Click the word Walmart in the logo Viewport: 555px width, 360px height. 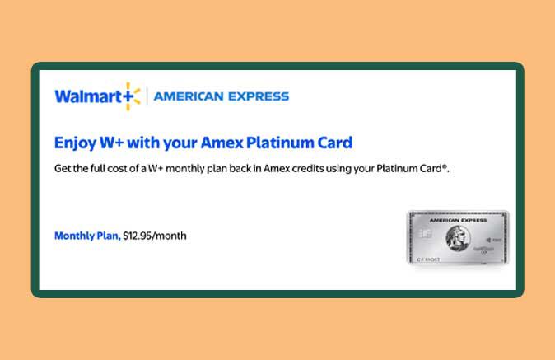point(86,96)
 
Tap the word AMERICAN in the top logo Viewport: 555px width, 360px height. point(188,96)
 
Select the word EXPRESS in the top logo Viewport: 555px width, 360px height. point(257,96)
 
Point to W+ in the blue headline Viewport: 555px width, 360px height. point(113,143)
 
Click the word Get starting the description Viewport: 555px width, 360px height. point(63,169)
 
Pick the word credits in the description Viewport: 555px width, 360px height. point(321,169)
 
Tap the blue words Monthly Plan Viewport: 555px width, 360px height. point(86,236)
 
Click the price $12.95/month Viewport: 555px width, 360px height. point(155,236)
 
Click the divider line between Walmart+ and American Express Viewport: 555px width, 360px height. point(147,96)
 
